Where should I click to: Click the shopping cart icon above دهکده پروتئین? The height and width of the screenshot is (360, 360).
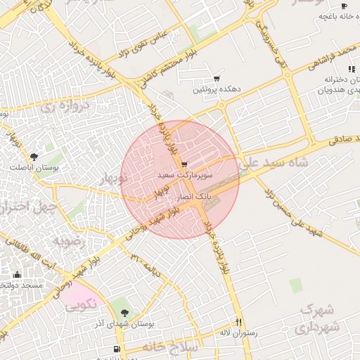(216, 79)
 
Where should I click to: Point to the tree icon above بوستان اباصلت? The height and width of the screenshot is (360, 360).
(34, 156)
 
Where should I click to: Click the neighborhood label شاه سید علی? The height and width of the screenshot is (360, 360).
(276, 162)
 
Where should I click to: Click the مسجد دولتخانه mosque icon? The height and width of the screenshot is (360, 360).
(17, 274)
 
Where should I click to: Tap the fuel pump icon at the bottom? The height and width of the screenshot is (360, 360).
(117, 349)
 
